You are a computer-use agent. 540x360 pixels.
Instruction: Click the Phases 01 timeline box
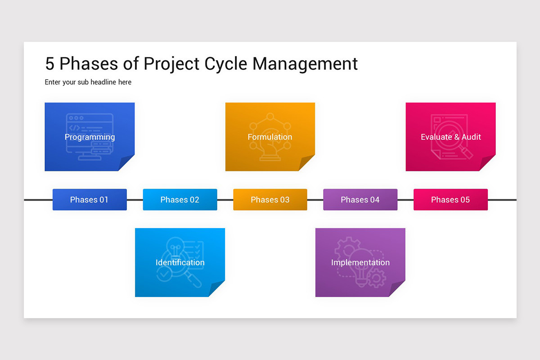[90, 200]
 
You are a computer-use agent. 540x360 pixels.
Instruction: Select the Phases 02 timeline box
[180, 200]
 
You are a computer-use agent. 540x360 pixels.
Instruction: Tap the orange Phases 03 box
[270, 200]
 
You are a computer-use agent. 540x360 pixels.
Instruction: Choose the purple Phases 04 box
[360, 200]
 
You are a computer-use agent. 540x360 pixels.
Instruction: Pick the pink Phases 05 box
[450, 200]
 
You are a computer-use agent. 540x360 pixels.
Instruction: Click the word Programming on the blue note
[90, 137]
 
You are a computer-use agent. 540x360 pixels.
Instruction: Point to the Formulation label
[270, 137]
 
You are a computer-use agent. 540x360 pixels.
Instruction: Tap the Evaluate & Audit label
[451, 137]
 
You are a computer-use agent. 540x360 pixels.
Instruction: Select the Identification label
[180, 262]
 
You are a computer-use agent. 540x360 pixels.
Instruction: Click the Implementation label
[360, 262]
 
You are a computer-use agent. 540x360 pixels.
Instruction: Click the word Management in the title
[305, 64]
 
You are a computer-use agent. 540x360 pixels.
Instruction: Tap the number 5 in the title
[49, 64]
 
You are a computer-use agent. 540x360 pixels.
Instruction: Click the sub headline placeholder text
[88, 82]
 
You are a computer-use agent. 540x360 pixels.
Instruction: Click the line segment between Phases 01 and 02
[135, 200]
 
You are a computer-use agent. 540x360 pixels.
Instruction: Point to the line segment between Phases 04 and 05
[405, 200]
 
